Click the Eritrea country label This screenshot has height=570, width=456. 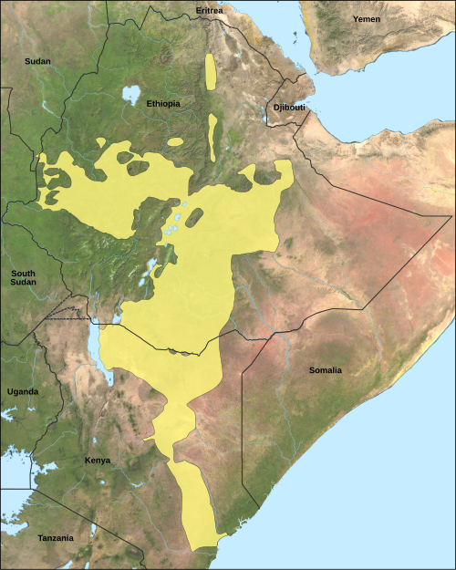(209, 10)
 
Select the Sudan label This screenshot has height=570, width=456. (38, 61)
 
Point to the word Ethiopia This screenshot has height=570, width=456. (163, 104)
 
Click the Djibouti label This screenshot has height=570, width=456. (286, 109)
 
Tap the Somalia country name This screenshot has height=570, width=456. (325, 370)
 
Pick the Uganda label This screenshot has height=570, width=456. (22, 391)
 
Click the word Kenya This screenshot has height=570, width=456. (97, 460)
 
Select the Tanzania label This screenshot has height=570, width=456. (55, 538)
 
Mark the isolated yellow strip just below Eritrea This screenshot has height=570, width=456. (212, 72)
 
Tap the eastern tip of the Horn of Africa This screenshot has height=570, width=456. (451, 216)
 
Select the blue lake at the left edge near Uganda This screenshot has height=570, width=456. (7, 416)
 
